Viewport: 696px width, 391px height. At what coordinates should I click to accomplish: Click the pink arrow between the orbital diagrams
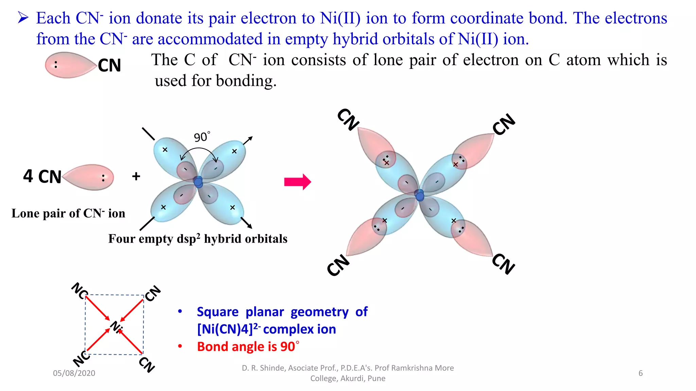pyautogui.click(x=297, y=182)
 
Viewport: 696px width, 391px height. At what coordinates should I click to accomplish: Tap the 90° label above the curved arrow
pyautogui.click(x=202, y=137)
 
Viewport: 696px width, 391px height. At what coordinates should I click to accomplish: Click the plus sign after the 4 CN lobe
pyautogui.click(x=136, y=176)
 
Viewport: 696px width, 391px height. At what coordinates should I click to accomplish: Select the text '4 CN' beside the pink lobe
pyautogui.click(x=42, y=176)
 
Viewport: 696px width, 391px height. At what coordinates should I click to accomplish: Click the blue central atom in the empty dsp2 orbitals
pyautogui.click(x=198, y=182)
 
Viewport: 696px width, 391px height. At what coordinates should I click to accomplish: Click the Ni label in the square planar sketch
pyautogui.click(x=116, y=327)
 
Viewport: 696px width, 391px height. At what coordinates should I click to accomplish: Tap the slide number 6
pyautogui.click(x=641, y=373)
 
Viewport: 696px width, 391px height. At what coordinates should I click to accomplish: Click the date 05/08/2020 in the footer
pyautogui.click(x=74, y=373)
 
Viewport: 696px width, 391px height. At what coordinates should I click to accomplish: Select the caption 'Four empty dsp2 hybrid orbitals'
pyautogui.click(x=198, y=239)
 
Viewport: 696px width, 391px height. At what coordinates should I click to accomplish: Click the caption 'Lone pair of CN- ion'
pyautogui.click(x=68, y=213)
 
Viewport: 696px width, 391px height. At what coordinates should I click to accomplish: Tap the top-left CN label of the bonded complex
pyautogui.click(x=348, y=119)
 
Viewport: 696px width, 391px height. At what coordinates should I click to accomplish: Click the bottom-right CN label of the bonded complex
pyautogui.click(x=504, y=263)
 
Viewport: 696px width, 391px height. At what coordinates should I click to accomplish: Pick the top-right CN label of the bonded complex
pyautogui.click(x=504, y=125)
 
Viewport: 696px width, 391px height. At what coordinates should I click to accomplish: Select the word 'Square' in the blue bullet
pyautogui.click(x=218, y=312)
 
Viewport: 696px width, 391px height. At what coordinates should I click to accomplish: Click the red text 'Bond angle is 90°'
pyautogui.click(x=248, y=347)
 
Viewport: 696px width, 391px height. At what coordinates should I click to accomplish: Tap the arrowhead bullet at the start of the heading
pyautogui.click(x=23, y=18)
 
